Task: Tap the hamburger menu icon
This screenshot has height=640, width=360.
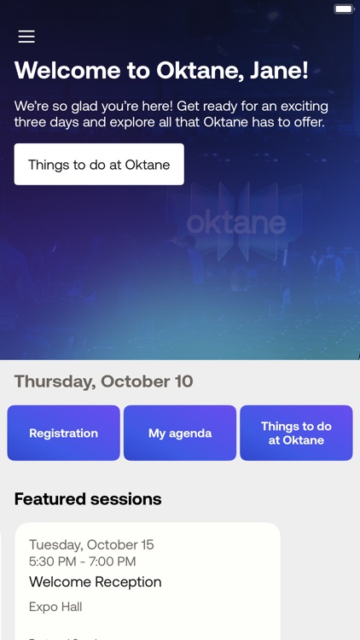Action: tap(26, 37)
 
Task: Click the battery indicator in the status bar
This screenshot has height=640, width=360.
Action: tap(344, 9)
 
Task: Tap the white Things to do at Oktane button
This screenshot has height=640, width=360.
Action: tap(99, 165)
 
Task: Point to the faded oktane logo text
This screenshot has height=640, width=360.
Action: tap(235, 224)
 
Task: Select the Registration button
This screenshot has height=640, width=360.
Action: tap(64, 433)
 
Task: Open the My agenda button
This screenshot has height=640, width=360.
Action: tap(180, 433)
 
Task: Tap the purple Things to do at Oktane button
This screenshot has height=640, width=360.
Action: tap(296, 433)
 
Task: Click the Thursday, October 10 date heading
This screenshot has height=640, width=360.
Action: tap(104, 381)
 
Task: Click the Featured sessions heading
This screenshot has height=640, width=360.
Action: tap(88, 499)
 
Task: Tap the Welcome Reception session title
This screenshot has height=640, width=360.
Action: tap(96, 582)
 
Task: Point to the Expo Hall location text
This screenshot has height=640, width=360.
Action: tap(55, 608)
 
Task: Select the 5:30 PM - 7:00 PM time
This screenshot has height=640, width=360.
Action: tap(83, 561)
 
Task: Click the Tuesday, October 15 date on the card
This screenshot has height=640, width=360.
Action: tap(91, 545)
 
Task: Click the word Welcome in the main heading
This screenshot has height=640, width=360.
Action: tap(68, 71)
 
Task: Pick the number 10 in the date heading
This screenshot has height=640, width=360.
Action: tap(183, 381)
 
